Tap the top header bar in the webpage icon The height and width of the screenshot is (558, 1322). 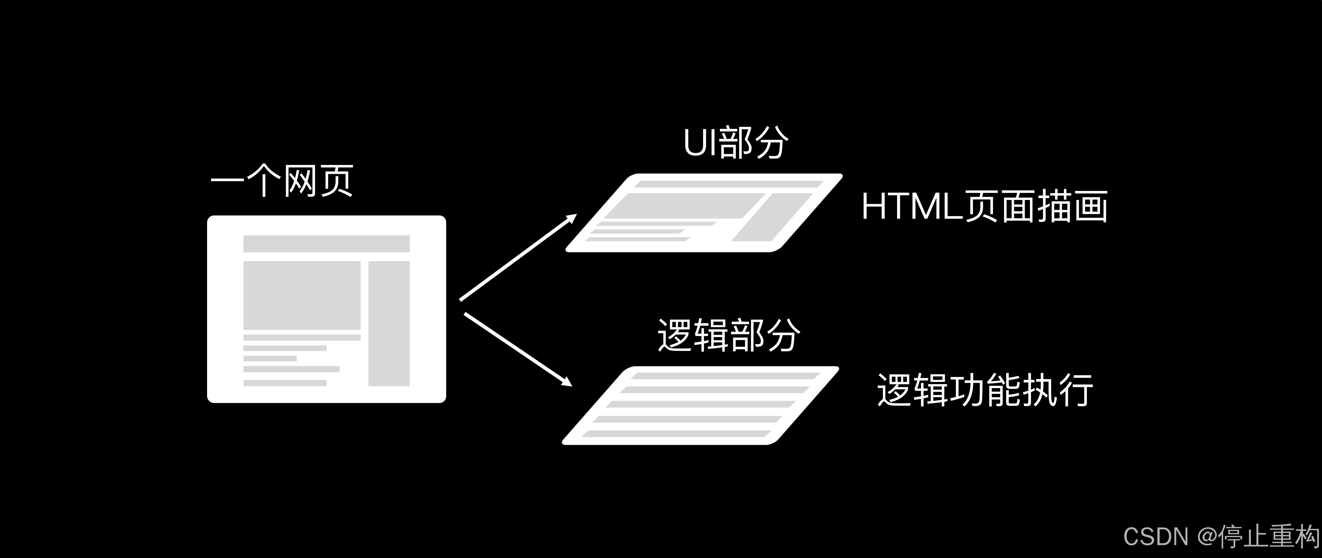click(326, 244)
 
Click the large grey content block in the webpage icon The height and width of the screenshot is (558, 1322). click(302, 295)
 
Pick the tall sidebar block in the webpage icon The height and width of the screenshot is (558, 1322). click(389, 323)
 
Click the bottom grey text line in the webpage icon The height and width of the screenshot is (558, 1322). click(285, 383)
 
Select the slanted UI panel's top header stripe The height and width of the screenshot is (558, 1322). click(729, 184)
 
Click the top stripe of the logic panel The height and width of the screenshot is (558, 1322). click(725, 376)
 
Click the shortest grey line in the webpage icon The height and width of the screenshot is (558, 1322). click(270, 358)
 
